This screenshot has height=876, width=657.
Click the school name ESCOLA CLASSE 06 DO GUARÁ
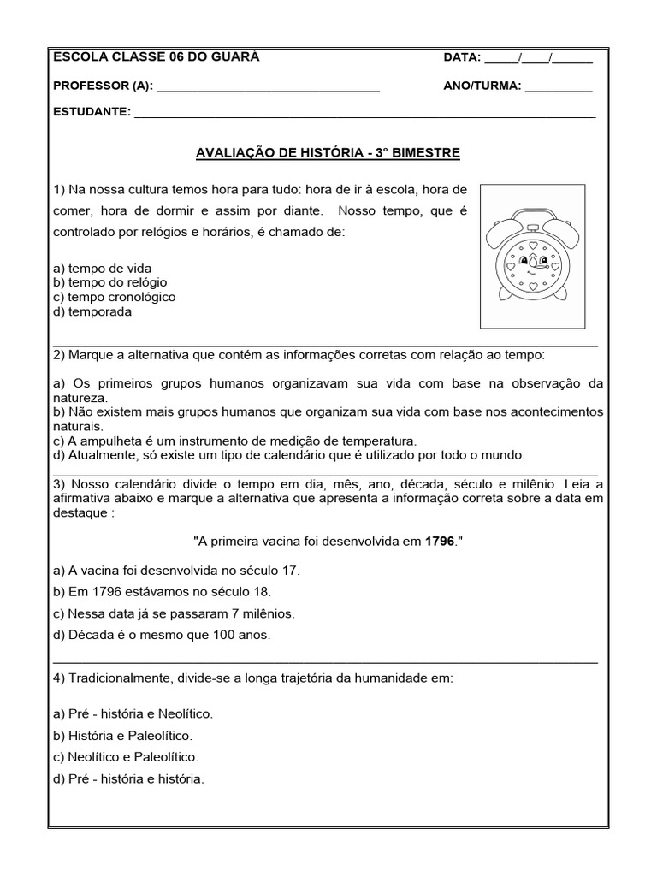pyautogui.click(x=156, y=57)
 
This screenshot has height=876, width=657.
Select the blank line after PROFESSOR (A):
pyautogui.click(x=269, y=86)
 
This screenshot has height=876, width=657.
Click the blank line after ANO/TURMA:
pyautogui.click(x=558, y=86)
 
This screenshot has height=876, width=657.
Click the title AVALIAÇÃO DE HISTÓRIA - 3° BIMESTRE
pyautogui.click(x=328, y=153)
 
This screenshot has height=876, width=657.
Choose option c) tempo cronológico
pyautogui.click(x=114, y=297)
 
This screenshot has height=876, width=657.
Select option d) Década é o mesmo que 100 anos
pyautogui.click(x=162, y=635)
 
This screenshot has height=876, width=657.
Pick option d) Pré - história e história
pyautogui.click(x=128, y=779)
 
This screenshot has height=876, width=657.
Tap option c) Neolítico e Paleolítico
pyautogui.click(x=126, y=757)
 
